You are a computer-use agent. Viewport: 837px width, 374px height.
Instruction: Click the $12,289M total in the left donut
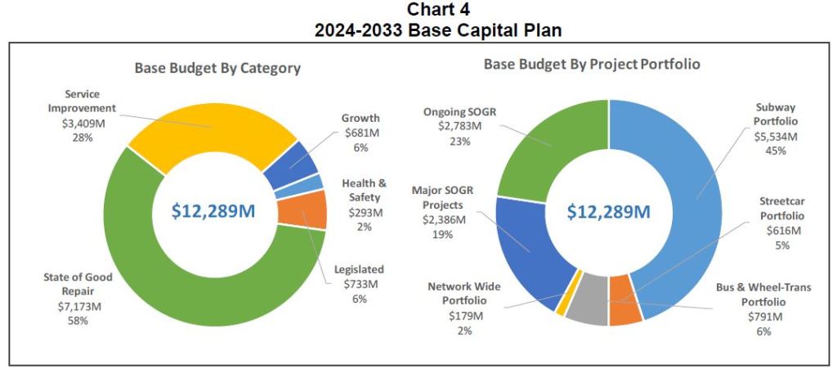click(x=213, y=210)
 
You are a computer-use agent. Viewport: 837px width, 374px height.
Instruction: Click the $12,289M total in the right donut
click(x=609, y=212)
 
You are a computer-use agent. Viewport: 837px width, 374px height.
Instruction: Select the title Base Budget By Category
click(x=217, y=69)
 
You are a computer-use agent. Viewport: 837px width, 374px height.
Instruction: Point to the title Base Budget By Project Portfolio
click(x=592, y=64)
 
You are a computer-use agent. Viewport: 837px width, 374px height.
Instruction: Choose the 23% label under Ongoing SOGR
click(x=458, y=141)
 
